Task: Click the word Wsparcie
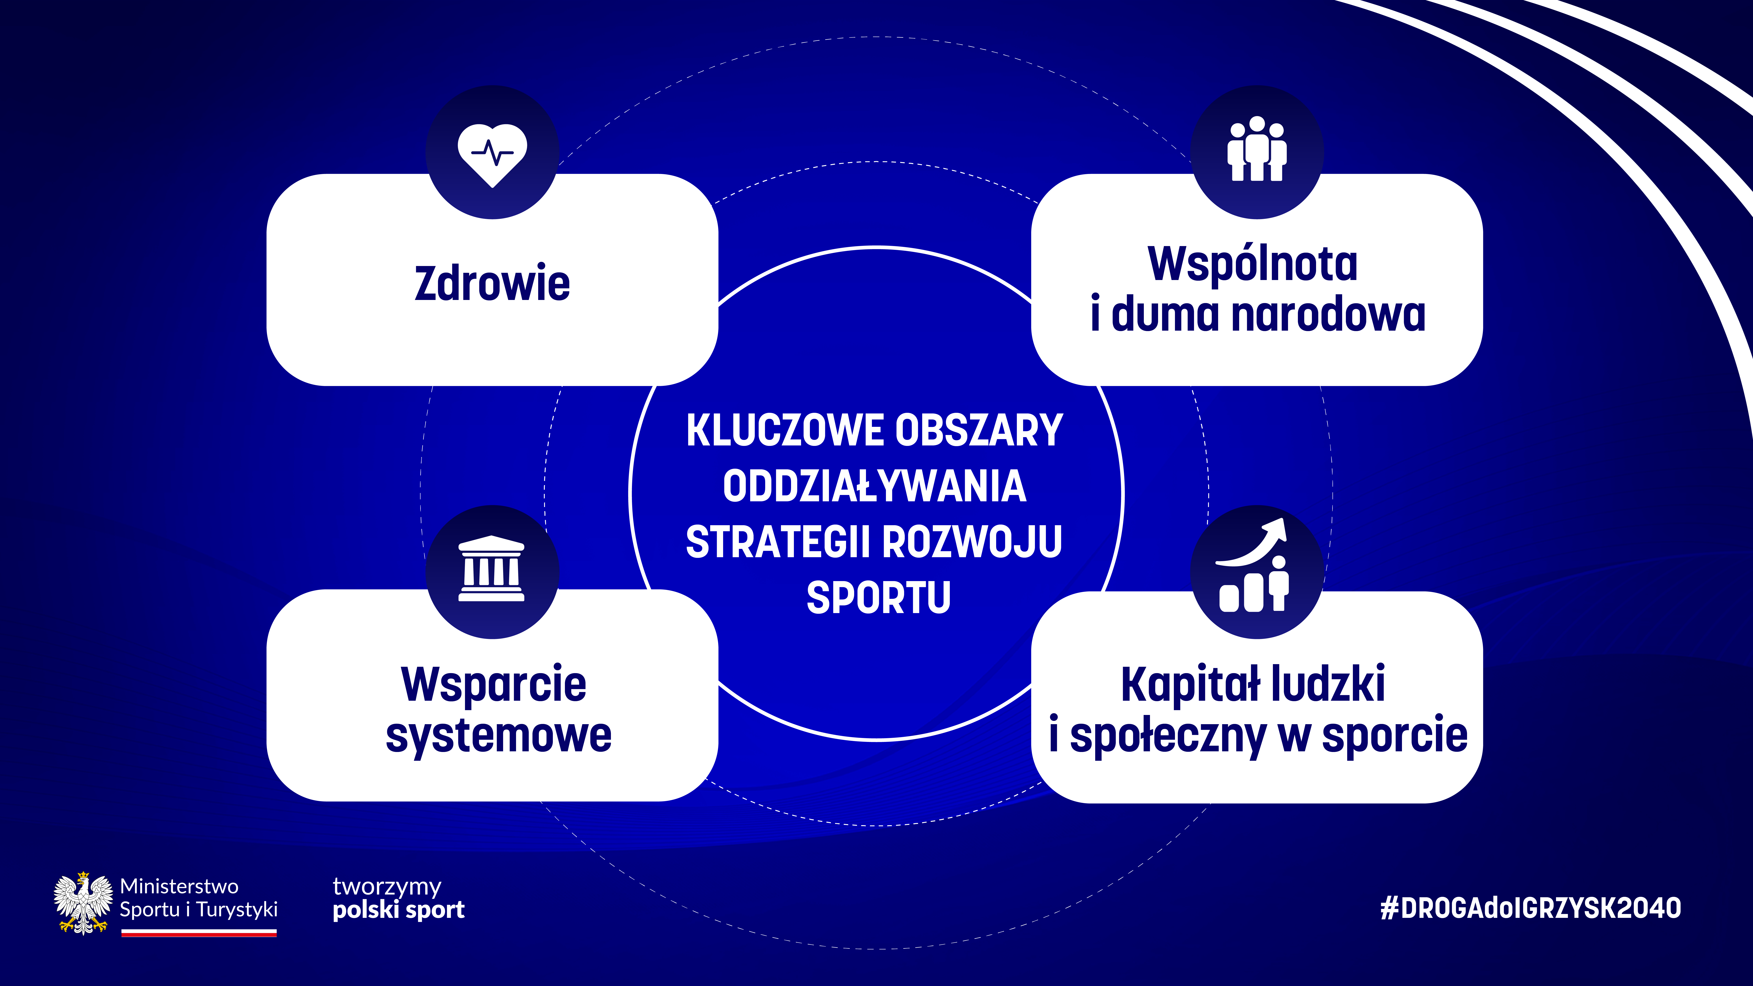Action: [x=493, y=685]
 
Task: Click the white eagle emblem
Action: [x=83, y=903]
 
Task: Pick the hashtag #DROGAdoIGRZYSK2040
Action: [x=1530, y=908]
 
